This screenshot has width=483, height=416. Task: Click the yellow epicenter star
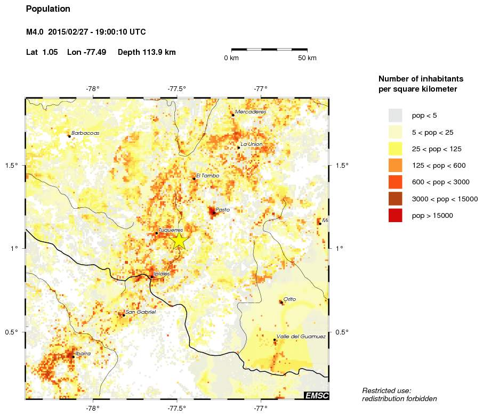(x=179, y=241)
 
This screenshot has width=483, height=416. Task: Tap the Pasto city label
(x=222, y=210)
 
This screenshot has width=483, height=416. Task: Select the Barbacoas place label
(x=85, y=133)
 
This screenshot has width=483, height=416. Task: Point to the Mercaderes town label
(x=250, y=112)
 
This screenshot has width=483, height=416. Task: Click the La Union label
(x=252, y=144)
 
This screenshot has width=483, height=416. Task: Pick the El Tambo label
(x=207, y=175)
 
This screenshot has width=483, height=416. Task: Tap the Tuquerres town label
(x=171, y=230)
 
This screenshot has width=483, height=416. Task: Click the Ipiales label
(x=162, y=273)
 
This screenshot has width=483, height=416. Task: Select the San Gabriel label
(x=140, y=312)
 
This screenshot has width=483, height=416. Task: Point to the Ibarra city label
(x=83, y=353)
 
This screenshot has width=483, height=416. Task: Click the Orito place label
(x=289, y=299)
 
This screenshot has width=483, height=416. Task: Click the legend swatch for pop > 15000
(x=395, y=216)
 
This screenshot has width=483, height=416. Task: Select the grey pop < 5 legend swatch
(x=395, y=115)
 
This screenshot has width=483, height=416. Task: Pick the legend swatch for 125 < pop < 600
(x=395, y=165)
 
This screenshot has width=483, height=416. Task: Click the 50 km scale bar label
(x=307, y=58)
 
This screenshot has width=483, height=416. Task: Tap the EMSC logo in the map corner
(x=316, y=395)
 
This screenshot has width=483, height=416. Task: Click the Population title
(x=48, y=9)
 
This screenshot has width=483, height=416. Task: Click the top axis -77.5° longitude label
(x=176, y=88)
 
